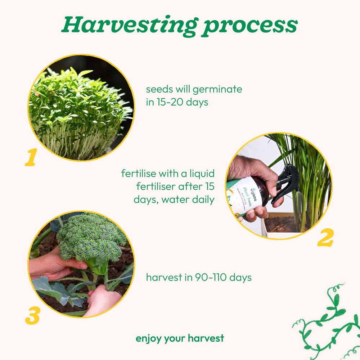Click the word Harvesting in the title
(130, 26)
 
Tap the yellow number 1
(31, 157)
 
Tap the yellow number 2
(325, 237)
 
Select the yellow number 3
(33, 316)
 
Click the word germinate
(217, 90)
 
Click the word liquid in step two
(202, 174)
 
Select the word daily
(203, 199)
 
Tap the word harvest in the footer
(206, 338)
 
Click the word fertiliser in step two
(156, 186)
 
